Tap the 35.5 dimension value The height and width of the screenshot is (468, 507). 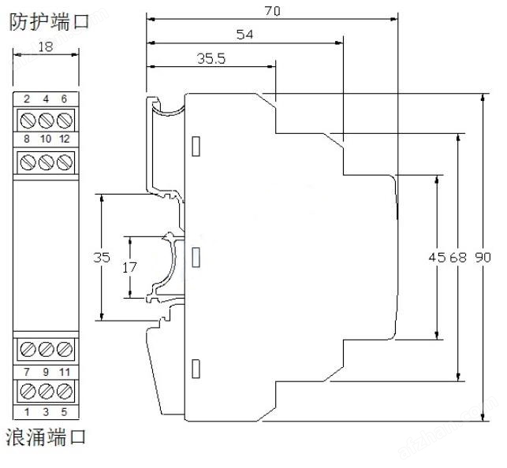pos(209,58)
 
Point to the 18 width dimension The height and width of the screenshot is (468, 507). pos(46,46)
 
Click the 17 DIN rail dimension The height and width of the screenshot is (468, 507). pos(131,267)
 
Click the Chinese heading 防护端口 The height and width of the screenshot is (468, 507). pos(49,22)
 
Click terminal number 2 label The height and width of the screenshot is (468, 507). pos(27,98)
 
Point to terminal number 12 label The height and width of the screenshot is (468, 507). pos(65,139)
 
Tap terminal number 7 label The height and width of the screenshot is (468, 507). pos(27,371)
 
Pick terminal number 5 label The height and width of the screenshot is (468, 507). pos(65,411)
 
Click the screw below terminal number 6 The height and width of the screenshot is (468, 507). pos(65,120)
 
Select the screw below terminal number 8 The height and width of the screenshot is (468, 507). pos(27,161)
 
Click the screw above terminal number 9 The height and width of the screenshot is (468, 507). pos(46,349)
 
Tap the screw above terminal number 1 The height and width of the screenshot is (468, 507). pos(27,391)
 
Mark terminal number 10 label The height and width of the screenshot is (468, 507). pos(46,139)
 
